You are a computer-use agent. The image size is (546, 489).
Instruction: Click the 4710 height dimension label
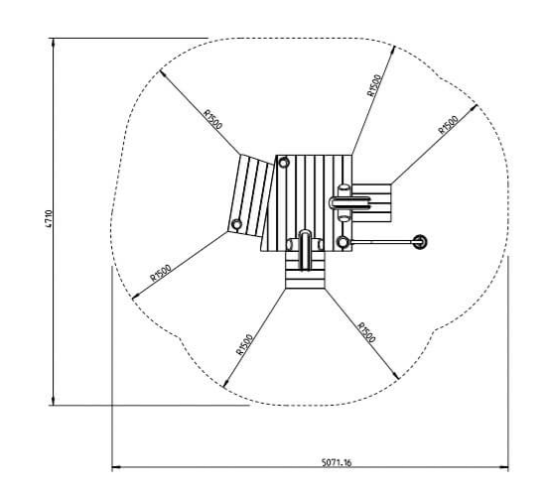[x=49, y=218]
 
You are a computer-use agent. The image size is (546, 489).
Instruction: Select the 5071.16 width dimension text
[x=337, y=462]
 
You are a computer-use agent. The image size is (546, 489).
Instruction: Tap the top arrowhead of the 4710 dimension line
[x=53, y=42]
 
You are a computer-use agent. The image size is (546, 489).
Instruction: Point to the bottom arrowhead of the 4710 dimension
[x=53, y=401]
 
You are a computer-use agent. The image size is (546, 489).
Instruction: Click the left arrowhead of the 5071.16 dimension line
[x=116, y=467]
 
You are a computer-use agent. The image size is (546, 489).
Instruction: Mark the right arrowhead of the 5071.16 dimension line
[x=503, y=467]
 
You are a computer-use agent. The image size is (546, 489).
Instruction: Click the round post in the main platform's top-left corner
[x=284, y=163]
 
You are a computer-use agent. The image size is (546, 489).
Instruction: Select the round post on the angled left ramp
[x=236, y=224]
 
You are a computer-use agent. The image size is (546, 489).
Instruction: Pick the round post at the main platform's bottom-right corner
[x=342, y=242]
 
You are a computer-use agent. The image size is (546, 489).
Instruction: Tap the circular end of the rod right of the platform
[x=420, y=241]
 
